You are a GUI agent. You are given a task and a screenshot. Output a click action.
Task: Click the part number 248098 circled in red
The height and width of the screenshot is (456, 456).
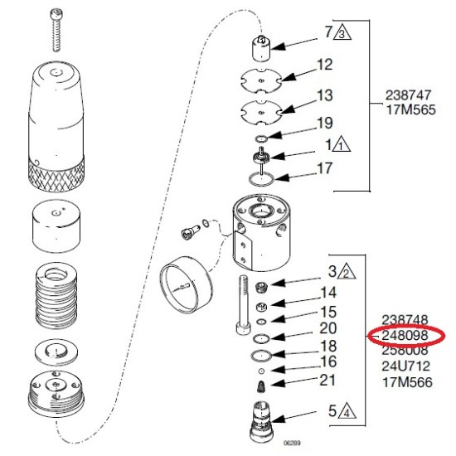click(x=405, y=335)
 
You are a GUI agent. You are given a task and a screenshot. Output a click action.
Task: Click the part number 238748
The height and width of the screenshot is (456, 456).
click(x=405, y=319)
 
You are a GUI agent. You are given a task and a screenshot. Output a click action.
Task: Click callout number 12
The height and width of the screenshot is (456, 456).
click(x=325, y=64)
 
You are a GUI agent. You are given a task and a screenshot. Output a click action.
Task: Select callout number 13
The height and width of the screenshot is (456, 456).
click(x=325, y=95)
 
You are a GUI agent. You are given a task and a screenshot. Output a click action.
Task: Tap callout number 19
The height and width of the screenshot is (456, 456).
click(x=325, y=124)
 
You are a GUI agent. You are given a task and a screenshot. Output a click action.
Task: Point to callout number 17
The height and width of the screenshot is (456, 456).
click(x=325, y=168)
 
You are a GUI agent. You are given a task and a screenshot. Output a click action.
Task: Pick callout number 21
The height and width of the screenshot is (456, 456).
click(x=328, y=380)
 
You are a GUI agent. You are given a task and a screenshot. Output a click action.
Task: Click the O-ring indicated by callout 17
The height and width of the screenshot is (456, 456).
click(x=264, y=176)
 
